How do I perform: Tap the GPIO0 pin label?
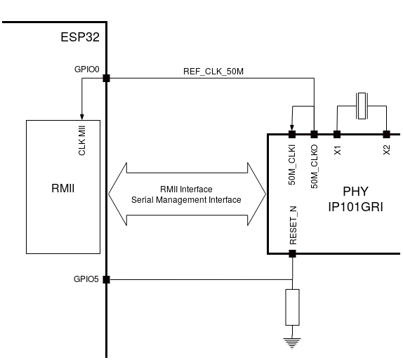(88, 70)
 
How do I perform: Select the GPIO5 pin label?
(88, 278)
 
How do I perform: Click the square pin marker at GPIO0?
(106, 78)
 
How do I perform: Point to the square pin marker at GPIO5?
(106, 279)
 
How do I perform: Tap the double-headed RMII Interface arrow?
(186, 194)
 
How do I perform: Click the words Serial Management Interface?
(186, 201)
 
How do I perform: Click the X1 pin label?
(337, 149)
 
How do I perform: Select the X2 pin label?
(386, 149)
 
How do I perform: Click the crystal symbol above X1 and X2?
(362, 106)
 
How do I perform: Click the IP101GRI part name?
(355, 208)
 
